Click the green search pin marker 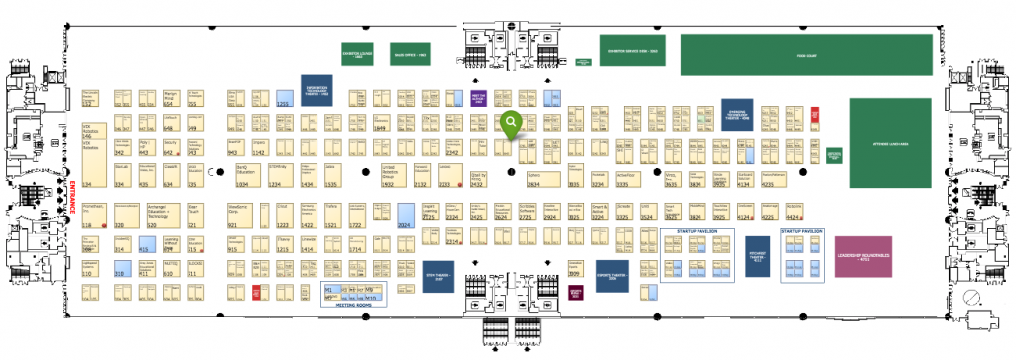coord(511,123)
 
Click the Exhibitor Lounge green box coord(358,56)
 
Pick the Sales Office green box coord(410,56)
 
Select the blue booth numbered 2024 coord(405,218)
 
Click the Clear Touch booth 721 coord(194,216)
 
